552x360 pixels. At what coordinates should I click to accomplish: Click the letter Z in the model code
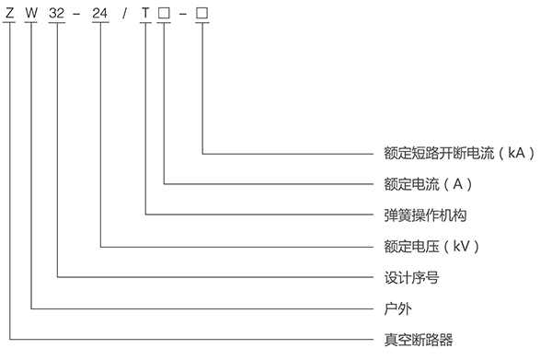[9, 13]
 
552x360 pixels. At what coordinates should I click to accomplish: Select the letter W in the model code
[31, 13]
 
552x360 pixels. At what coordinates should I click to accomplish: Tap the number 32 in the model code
[57, 13]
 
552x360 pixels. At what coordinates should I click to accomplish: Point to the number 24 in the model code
[100, 13]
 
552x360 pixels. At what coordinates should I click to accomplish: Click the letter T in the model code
[145, 13]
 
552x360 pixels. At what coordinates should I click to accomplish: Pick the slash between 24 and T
[124, 14]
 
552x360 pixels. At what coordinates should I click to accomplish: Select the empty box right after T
[164, 13]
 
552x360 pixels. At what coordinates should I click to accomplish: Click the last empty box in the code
[202, 13]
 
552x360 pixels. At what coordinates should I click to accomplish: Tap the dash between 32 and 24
[76, 14]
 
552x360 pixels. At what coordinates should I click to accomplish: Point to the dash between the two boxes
[183, 14]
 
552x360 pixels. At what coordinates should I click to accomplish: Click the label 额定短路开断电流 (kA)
[459, 153]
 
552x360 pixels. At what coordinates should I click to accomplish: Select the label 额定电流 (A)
[428, 184]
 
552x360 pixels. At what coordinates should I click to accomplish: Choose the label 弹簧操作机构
[425, 215]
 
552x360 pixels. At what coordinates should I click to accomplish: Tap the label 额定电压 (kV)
[431, 246]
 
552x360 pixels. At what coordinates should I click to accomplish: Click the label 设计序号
[411, 277]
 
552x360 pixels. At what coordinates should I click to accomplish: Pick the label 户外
[397, 309]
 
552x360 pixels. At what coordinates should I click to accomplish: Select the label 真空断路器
[419, 340]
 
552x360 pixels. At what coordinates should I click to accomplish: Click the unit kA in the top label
[516, 153]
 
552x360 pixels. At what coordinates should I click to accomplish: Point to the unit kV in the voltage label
[461, 246]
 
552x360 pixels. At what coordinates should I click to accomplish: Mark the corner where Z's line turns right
[9, 340]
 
